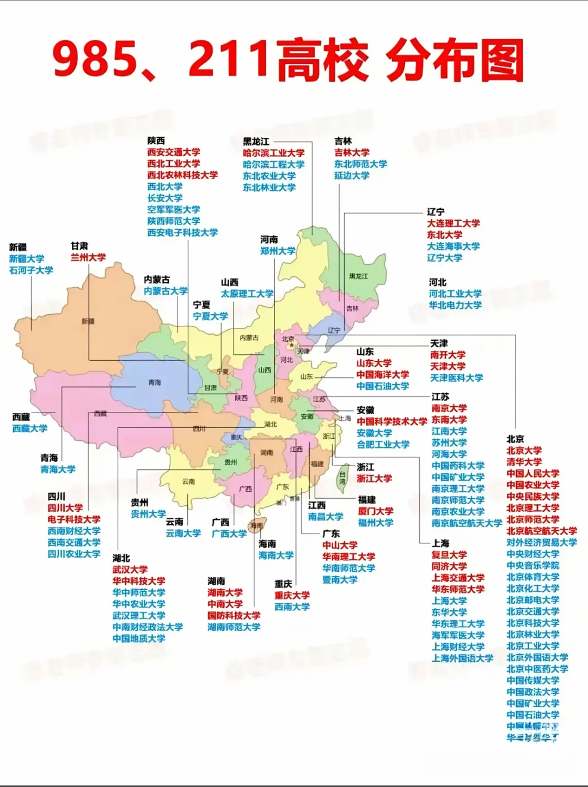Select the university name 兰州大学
(88, 257)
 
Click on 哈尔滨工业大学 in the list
(273, 153)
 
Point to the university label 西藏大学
(30, 428)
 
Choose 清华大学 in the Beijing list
(524, 462)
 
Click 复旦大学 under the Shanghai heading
(449, 555)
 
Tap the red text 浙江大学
(374, 479)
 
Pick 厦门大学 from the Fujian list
(375, 511)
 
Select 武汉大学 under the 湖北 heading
(130, 570)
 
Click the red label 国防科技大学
(234, 615)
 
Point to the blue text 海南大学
(276, 555)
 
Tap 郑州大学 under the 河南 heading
(278, 251)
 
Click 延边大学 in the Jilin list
(352, 175)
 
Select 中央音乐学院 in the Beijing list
(532, 566)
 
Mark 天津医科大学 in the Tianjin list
(456, 378)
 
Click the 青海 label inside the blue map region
(155, 383)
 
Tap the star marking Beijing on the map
(291, 345)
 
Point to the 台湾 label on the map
(342, 478)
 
